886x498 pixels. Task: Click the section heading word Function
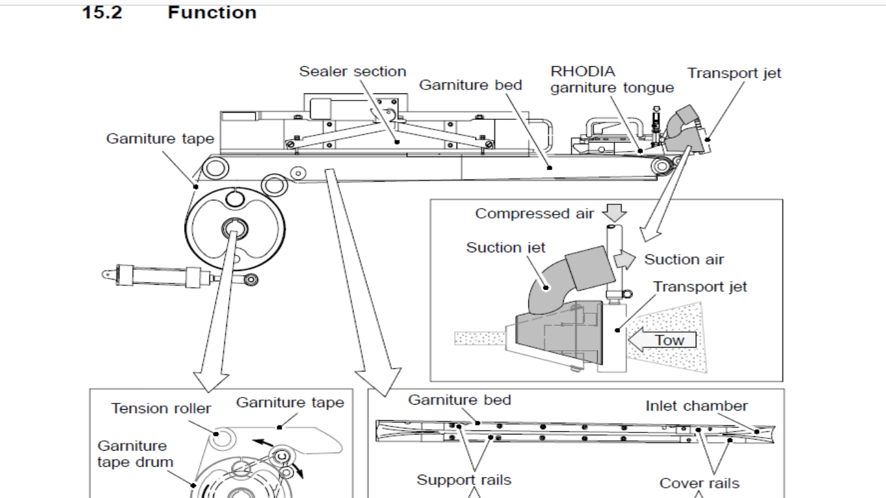pyautogui.click(x=211, y=12)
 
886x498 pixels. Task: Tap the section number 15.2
pyautogui.click(x=102, y=12)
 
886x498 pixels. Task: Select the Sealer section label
pyautogui.click(x=352, y=71)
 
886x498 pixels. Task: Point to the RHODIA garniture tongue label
pyautogui.click(x=612, y=80)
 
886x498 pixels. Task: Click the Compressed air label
pyautogui.click(x=534, y=213)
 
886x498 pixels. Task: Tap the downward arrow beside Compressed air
pyautogui.click(x=614, y=213)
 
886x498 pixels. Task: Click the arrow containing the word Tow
pyautogui.click(x=664, y=340)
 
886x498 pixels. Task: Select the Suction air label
pyautogui.click(x=684, y=259)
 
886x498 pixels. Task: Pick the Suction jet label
pyautogui.click(x=506, y=247)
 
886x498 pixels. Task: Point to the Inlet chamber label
pyautogui.click(x=696, y=406)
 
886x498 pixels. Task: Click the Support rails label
pyautogui.click(x=464, y=480)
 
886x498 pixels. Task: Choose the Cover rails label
pyautogui.click(x=699, y=483)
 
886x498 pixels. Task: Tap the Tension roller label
pyautogui.click(x=161, y=409)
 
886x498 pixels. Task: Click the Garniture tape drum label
pyautogui.click(x=136, y=454)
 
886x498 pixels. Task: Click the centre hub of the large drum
pyautogui.click(x=233, y=228)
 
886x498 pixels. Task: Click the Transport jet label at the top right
pyautogui.click(x=734, y=73)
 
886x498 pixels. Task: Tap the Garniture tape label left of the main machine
pyautogui.click(x=160, y=138)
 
